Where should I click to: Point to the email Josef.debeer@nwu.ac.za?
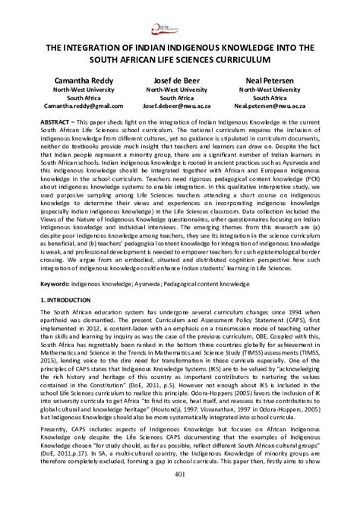(x=179, y=107)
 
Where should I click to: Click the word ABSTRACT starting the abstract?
(x=58, y=122)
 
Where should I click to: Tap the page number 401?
(x=180, y=497)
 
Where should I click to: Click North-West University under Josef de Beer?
(x=179, y=89)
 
